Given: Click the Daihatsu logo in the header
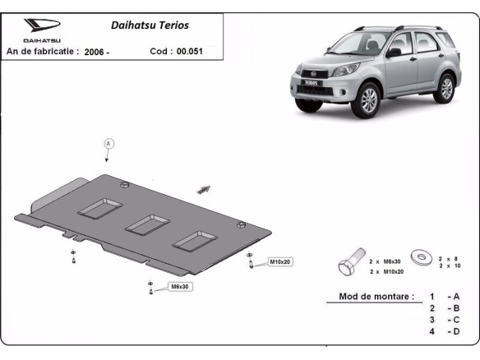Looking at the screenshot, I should pyautogui.click(x=41, y=26).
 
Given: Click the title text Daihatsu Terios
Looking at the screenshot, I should pyautogui.click(x=149, y=25).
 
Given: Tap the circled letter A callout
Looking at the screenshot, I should pyautogui.click(x=107, y=143).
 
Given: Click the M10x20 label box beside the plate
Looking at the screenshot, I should pyautogui.click(x=280, y=261).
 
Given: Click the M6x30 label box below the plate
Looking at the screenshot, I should pyautogui.click(x=179, y=286).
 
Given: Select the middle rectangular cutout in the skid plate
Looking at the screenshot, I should pyautogui.click(x=147, y=224).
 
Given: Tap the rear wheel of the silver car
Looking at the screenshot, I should pyautogui.click(x=445, y=86).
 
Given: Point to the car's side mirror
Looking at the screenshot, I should pyautogui.click(x=394, y=53).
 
